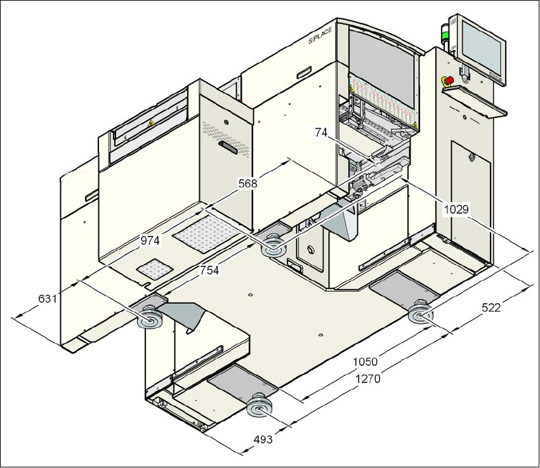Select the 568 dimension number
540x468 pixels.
click(x=247, y=183)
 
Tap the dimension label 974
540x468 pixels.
click(x=150, y=240)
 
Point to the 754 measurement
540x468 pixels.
click(x=209, y=270)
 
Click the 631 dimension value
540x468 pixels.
click(x=48, y=298)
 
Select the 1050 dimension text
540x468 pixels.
click(x=365, y=361)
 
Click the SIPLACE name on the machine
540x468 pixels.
click(x=321, y=39)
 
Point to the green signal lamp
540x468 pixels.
click(x=445, y=36)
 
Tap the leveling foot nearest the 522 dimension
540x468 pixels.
click(x=420, y=315)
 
